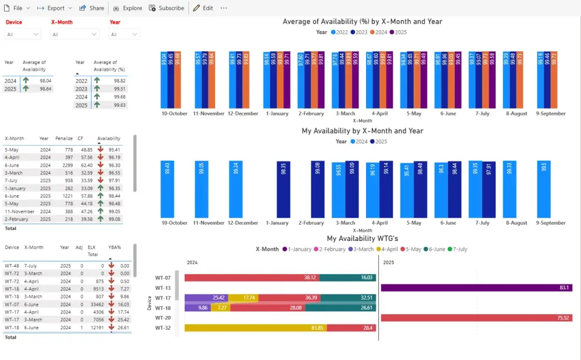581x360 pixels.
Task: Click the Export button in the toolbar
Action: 55,8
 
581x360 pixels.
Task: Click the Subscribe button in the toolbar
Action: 167,8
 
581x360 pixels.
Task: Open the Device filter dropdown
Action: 23,34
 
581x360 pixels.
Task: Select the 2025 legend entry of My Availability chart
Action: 379,142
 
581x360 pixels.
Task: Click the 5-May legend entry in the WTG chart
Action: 410,249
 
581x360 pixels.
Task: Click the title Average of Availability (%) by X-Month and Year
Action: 362,21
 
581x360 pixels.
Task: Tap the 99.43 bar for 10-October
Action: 168,189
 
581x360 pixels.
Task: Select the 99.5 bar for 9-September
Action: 543,189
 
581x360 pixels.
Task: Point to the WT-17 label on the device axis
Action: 163,298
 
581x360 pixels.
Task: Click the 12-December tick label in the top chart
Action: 243,114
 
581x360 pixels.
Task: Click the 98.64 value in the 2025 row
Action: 45,89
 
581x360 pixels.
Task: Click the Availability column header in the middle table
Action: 109,139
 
